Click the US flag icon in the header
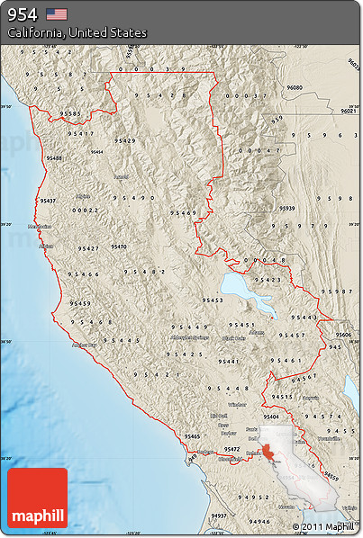pos(57,13)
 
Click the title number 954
pos(23,13)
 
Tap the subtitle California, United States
pos(77,32)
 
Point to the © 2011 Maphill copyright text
pos(322,526)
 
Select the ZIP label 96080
pos(295,87)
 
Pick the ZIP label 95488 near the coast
pos(55,157)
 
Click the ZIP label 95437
pos(48,201)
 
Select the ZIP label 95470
pos(119,246)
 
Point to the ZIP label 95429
pos(125,140)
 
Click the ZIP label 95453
pos(213,300)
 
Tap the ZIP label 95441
pos(228,361)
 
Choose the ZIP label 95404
pos(271,417)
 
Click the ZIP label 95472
pos(231,448)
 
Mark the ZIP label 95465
pos(192,435)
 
